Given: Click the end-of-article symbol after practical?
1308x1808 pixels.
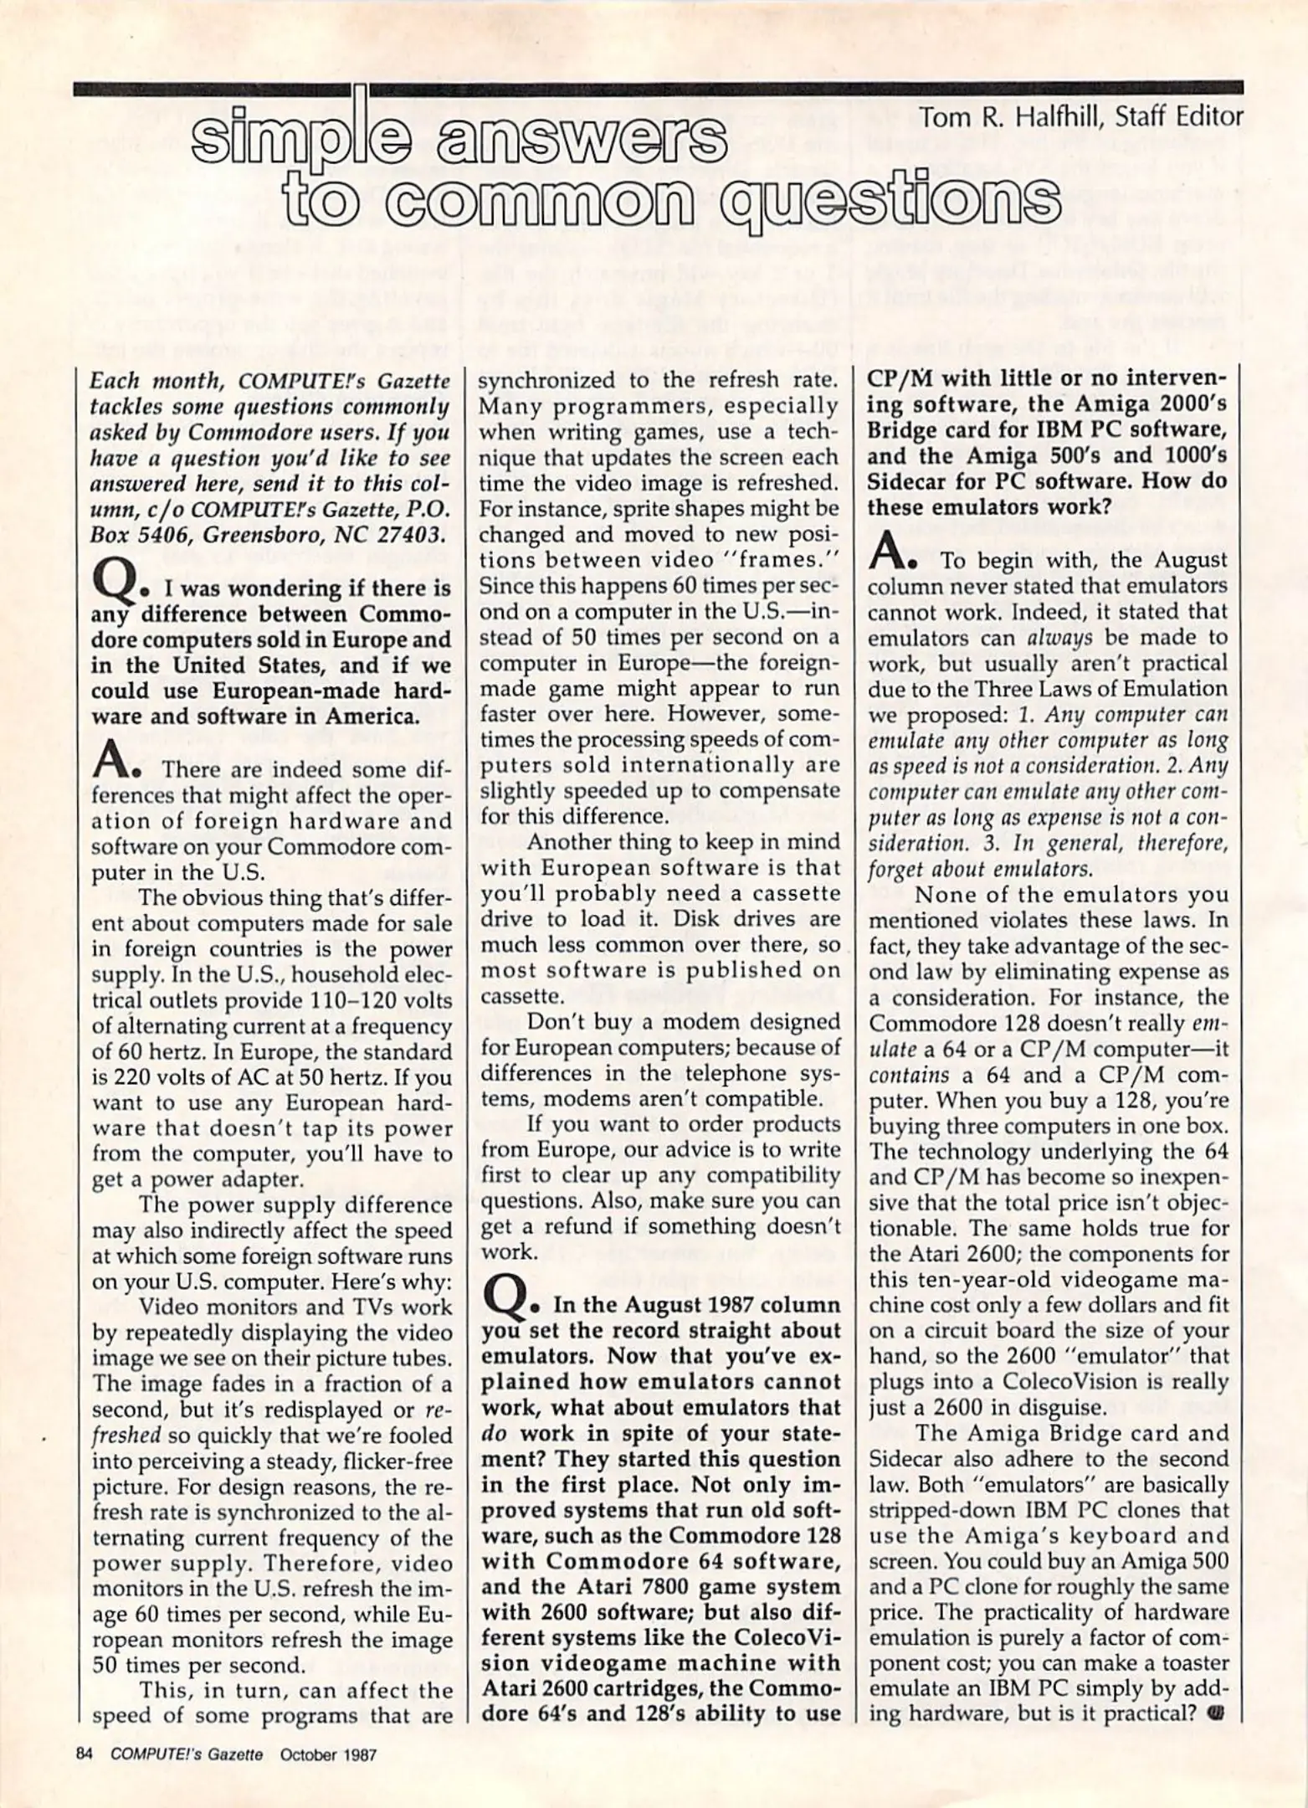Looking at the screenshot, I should [x=1216, y=1713].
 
